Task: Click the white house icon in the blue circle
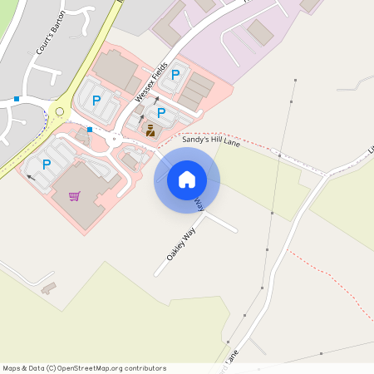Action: coord(187,180)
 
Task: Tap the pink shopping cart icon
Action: coord(75,196)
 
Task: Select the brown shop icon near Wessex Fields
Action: coord(150,130)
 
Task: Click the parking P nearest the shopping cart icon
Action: coord(47,165)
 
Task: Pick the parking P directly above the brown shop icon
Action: coord(161,112)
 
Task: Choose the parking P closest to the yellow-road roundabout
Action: coord(96,101)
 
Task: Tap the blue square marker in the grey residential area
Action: coord(17,99)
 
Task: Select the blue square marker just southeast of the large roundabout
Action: coord(90,130)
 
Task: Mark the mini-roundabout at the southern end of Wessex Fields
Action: coord(117,136)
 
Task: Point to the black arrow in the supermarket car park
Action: coord(31,176)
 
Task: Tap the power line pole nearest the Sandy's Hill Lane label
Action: coord(280,155)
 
